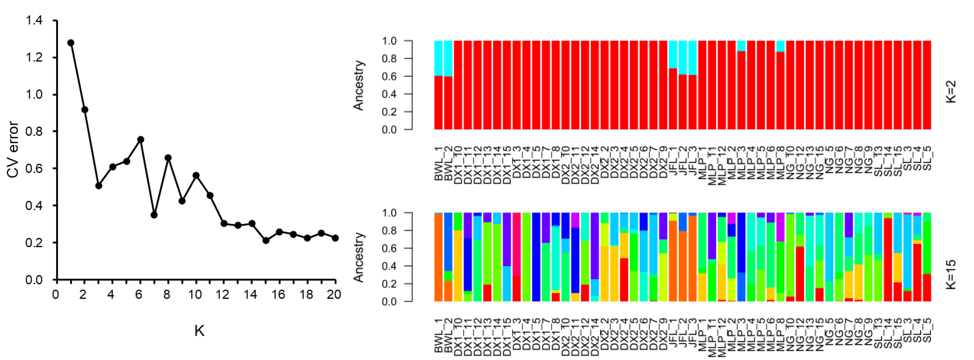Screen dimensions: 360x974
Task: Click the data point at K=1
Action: (x=71, y=43)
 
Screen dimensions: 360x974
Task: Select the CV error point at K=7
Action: (x=154, y=215)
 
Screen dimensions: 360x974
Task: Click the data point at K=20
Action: (x=335, y=238)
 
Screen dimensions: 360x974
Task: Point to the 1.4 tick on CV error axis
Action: (x=34, y=20)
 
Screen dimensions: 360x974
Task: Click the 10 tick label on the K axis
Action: (x=195, y=295)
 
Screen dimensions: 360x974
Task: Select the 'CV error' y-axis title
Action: (x=13, y=150)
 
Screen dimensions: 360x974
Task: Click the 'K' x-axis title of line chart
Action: (x=199, y=331)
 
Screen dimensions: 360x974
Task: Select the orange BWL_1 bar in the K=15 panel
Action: (x=438, y=257)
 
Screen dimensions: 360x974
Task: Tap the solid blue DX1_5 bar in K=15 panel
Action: (x=536, y=257)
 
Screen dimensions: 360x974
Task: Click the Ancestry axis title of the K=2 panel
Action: (x=358, y=86)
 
